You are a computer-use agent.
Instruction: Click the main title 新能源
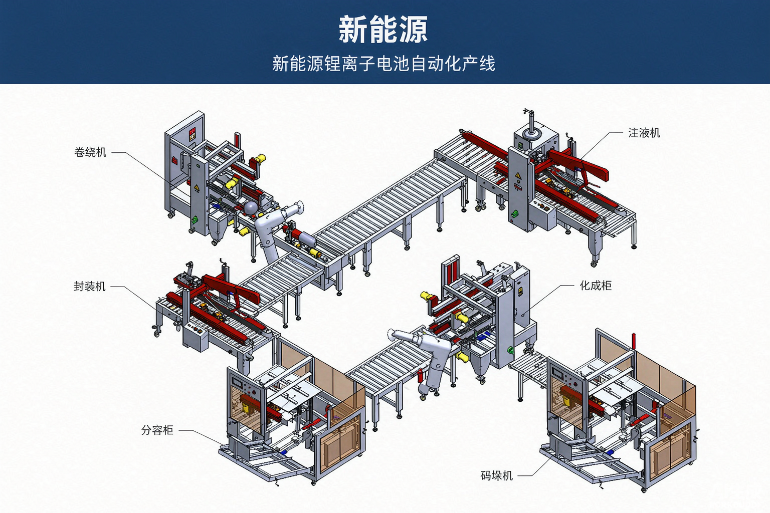pyautogui.click(x=383, y=30)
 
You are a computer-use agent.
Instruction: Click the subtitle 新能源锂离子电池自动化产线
pyautogui.click(x=383, y=64)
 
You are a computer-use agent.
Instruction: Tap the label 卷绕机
pyautogui.click(x=90, y=152)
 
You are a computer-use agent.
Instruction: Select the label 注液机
pyautogui.click(x=644, y=133)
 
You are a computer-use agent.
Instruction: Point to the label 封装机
pyautogui.click(x=89, y=286)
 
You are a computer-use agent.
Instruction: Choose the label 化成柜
pyautogui.click(x=596, y=286)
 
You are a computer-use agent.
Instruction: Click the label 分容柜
pyautogui.click(x=157, y=430)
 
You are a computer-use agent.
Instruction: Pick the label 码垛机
pyautogui.click(x=496, y=475)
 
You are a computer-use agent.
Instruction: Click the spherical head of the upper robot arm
pyautogui.click(x=251, y=208)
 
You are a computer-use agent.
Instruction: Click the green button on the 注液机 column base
pyautogui.click(x=515, y=213)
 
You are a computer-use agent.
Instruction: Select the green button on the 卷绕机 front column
pyautogui.click(x=195, y=219)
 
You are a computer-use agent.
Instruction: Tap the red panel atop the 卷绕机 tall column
pyautogui.click(x=192, y=133)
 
